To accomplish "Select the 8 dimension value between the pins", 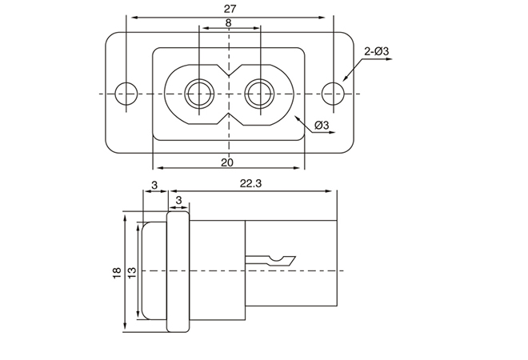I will [229, 24].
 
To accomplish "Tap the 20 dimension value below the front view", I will [228, 162].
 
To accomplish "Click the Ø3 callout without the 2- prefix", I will [323, 126].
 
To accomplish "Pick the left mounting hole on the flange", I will [125, 94].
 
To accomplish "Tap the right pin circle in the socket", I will [259, 94].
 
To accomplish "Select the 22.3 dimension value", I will [252, 184].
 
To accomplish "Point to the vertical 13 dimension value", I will [131, 272].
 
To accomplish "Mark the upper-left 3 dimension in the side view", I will [153, 185].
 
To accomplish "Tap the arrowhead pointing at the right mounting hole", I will [346, 80].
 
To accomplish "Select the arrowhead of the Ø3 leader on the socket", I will [298, 119].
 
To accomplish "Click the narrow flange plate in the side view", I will [178, 272].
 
